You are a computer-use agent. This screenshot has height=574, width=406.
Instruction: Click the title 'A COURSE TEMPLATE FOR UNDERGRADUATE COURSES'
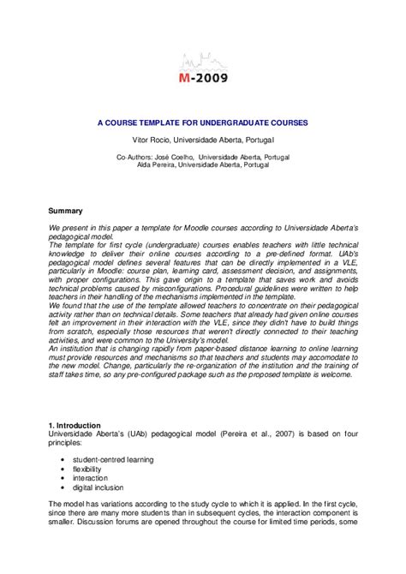[x=202, y=123]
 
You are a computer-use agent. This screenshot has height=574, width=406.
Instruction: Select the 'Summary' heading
[x=65, y=211]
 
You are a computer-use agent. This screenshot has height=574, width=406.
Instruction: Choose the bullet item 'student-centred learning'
[x=113, y=459]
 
